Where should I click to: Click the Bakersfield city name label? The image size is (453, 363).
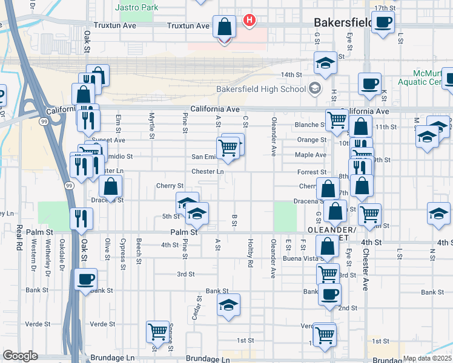[x=342, y=22]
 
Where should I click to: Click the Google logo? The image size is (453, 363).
[x=19, y=356]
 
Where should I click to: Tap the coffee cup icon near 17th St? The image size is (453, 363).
[x=382, y=22]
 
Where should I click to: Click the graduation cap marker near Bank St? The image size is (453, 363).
[x=228, y=305]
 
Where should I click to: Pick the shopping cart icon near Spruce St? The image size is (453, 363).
[x=157, y=332]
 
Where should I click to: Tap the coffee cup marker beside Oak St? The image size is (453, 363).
[x=85, y=280]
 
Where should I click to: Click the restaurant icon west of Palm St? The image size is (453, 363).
[x=81, y=218]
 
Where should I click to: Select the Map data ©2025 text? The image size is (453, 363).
[x=427, y=358]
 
